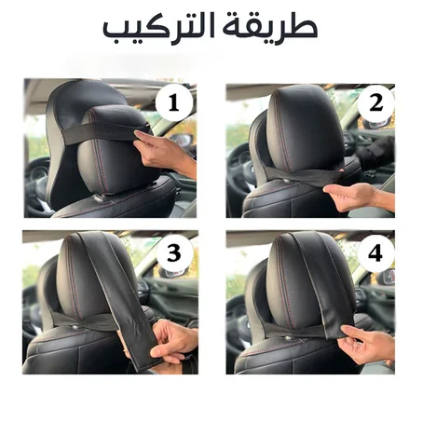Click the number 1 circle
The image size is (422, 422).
(x=173, y=102)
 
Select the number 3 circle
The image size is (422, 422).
(x=173, y=252)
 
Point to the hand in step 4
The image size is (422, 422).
(x=369, y=345)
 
